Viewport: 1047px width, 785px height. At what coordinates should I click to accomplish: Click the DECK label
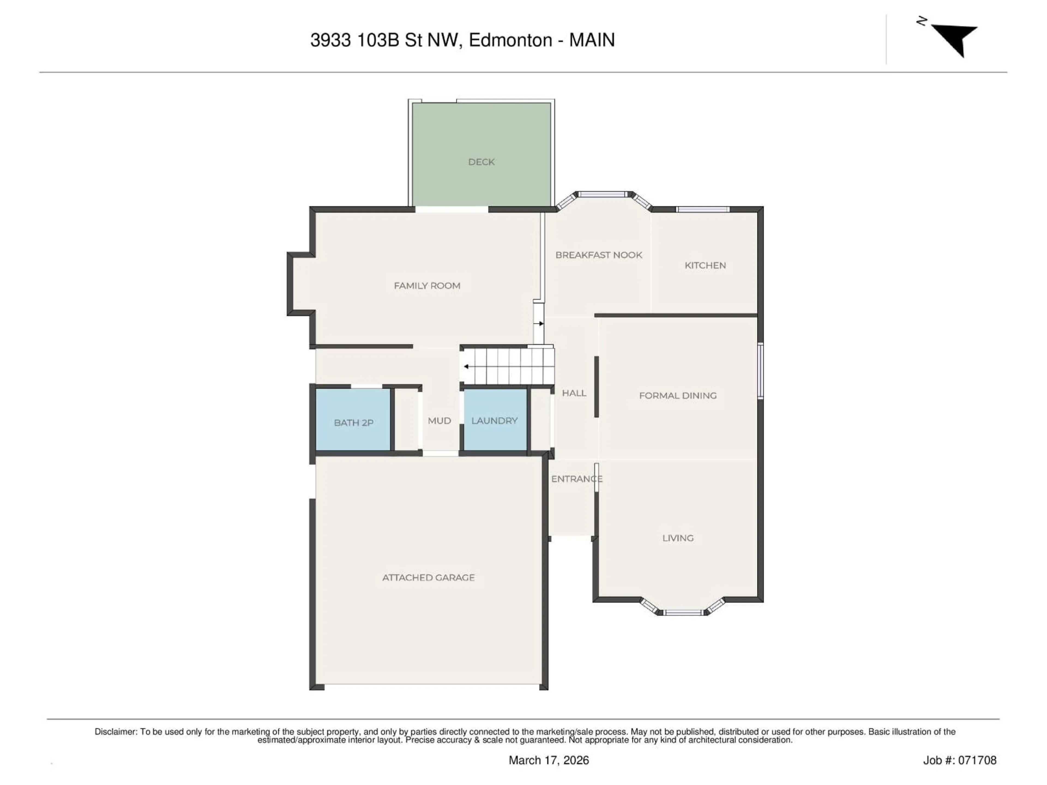pyautogui.click(x=481, y=162)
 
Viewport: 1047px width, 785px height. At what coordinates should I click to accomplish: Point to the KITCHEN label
pyautogui.click(x=705, y=265)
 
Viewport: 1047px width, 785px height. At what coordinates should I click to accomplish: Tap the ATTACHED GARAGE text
pyautogui.click(x=428, y=577)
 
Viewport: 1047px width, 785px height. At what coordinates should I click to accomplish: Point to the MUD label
pyautogui.click(x=439, y=421)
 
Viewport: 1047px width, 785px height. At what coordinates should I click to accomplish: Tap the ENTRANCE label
pyautogui.click(x=576, y=479)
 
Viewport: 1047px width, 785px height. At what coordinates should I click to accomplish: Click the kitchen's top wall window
pyautogui.click(x=702, y=209)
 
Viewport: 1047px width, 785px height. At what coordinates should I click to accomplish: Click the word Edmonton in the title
pyautogui.click(x=510, y=40)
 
